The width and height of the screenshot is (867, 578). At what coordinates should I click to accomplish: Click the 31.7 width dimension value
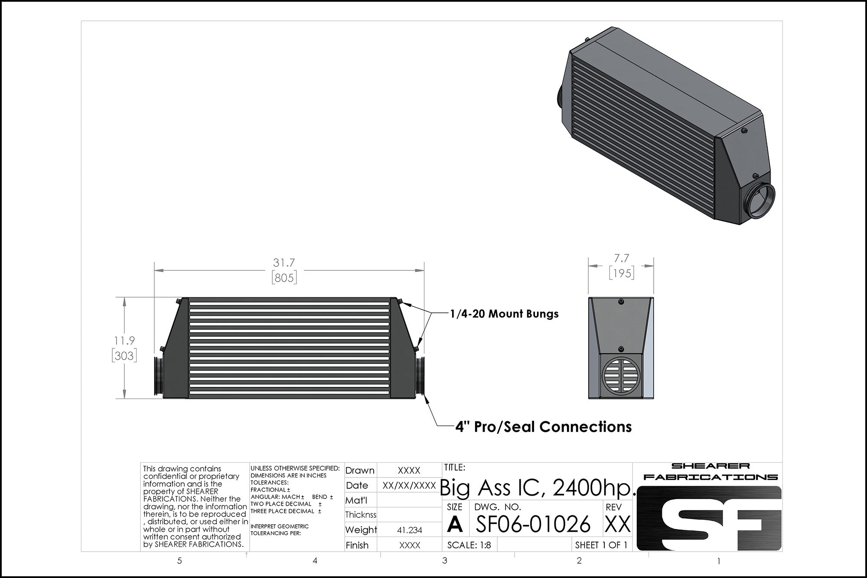click(284, 263)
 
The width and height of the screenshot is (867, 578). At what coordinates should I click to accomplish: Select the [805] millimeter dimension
click(284, 277)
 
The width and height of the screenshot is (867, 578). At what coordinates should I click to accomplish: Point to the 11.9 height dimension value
click(124, 341)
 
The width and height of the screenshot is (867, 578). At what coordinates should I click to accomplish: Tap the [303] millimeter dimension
click(124, 356)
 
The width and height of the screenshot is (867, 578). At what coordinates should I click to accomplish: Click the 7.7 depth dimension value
click(621, 258)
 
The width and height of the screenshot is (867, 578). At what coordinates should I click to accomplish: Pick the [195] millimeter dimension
click(621, 273)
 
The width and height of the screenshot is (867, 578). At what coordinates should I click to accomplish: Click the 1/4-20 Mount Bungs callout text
click(504, 314)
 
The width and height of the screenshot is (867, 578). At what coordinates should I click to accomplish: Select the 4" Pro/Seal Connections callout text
click(543, 427)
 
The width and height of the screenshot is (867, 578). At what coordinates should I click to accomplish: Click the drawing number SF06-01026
click(533, 524)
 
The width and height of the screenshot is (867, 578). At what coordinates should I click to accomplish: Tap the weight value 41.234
click(409, 530)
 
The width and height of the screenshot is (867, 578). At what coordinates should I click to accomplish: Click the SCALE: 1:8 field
click(469, 545)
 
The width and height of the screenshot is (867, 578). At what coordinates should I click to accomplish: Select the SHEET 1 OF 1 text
click(601, 545)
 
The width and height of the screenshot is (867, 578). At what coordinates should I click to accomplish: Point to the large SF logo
click(709, 518)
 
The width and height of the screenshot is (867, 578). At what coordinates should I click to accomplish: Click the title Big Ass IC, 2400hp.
click(538, 488)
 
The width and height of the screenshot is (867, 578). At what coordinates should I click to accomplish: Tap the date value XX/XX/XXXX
click(409, 485)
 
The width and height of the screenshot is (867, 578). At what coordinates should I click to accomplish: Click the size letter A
click(454, 524)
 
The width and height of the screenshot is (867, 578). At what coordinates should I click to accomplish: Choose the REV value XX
click(617, 524)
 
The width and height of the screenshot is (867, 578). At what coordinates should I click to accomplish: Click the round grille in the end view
click(621, 376)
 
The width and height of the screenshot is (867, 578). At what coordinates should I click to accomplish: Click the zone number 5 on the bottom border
click(179, 561)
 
